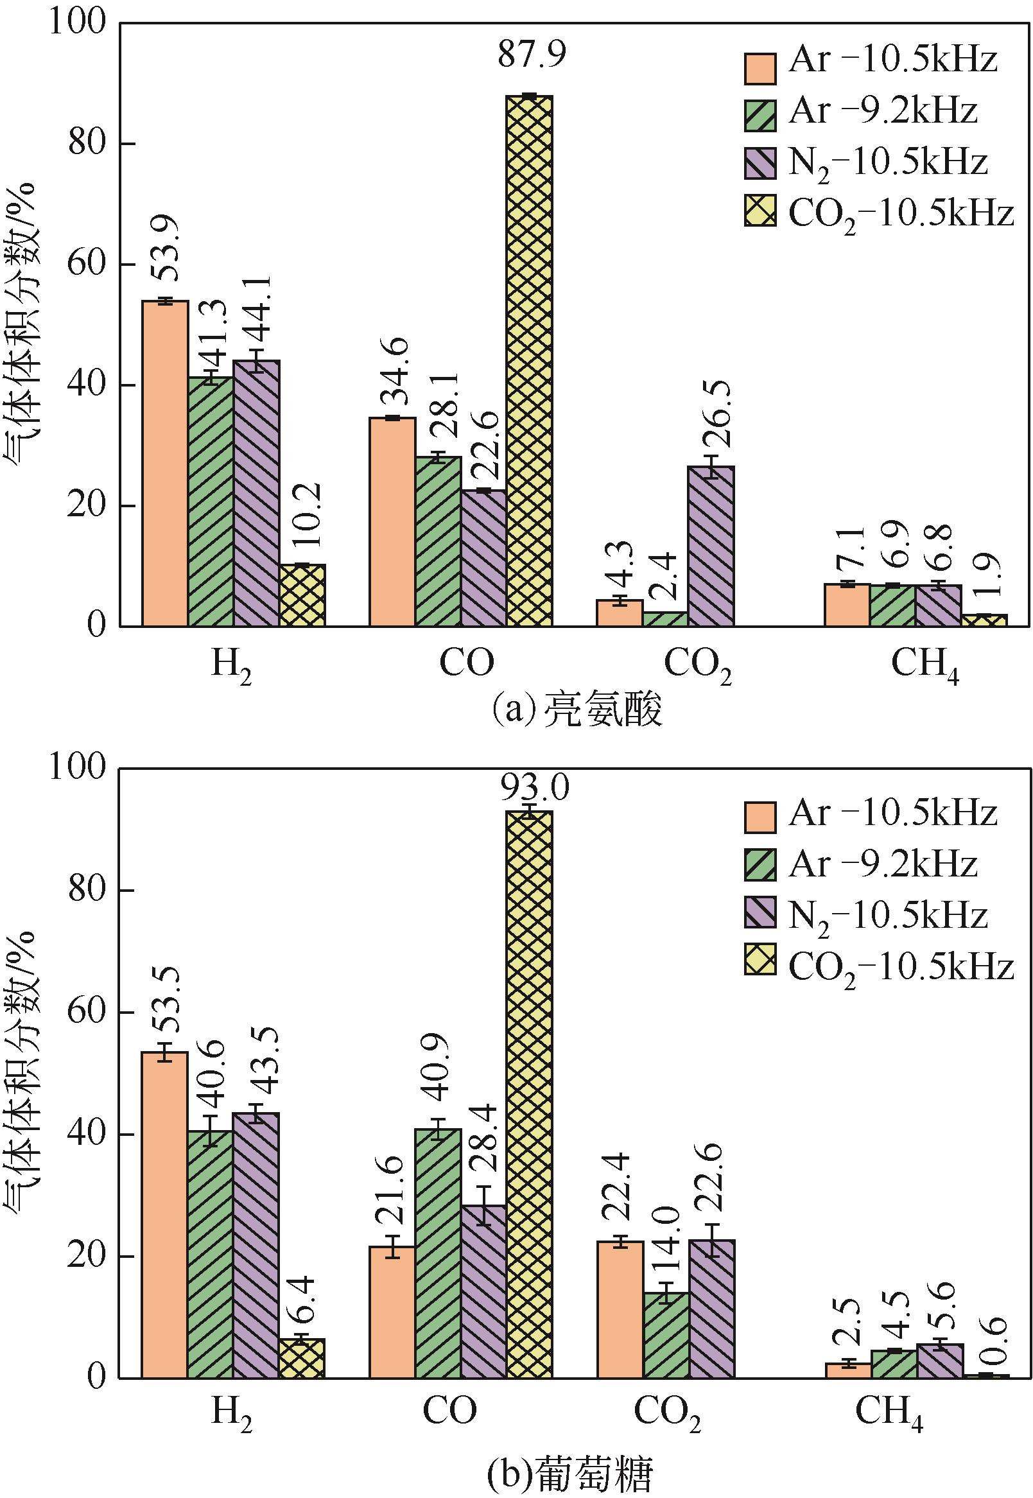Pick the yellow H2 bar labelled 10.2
tap(302, 595)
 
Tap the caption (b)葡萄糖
tap(569, 1473)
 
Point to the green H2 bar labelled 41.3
tap(211, 501)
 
